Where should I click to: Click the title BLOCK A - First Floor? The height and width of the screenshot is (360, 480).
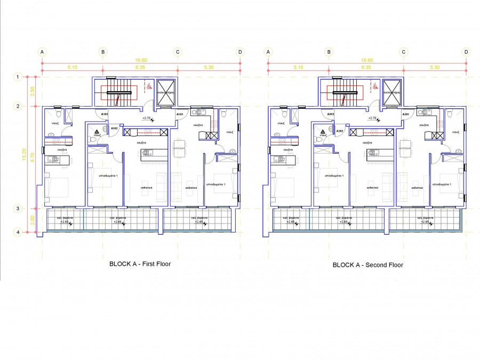(140, 263)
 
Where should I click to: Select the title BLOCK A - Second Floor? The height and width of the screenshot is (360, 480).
(367, 265)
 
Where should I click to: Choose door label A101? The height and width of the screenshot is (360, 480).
(180, 114)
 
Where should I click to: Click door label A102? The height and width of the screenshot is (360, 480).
(114, 129)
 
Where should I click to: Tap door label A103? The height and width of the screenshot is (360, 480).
(105, 114)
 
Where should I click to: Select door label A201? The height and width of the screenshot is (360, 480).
(406, 114)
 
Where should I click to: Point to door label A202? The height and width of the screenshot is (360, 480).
(340, 130)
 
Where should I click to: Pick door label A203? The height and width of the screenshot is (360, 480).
(331, 114)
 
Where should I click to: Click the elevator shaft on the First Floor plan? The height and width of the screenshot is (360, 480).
(166, 91)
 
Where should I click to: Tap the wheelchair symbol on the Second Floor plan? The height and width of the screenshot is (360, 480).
(375, 85)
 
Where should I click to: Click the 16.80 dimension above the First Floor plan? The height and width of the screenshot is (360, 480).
(140, 60)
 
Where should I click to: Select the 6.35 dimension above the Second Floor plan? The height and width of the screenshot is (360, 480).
(366, 68)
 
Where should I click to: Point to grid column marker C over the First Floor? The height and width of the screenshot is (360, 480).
(178, 52)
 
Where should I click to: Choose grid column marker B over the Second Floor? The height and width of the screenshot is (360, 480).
(329, 52)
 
